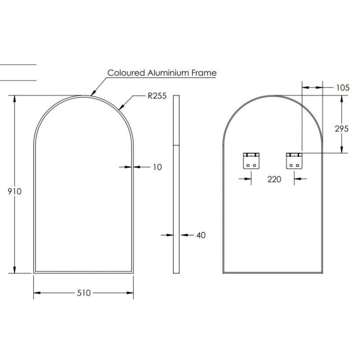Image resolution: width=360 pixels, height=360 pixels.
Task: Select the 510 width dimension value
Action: [84, 293]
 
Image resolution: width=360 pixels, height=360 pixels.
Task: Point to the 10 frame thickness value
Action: [157, 167]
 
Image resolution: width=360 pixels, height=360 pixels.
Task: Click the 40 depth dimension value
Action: [201, 235]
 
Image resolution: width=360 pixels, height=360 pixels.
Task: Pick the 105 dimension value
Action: [342, 87]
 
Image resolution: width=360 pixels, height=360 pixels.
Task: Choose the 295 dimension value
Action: [342, 129]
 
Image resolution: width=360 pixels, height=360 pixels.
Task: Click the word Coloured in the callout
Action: [126, 73]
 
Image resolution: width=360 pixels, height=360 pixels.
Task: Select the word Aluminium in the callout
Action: [169, 73]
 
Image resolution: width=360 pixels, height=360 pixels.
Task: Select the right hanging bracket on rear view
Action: [294, 160]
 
